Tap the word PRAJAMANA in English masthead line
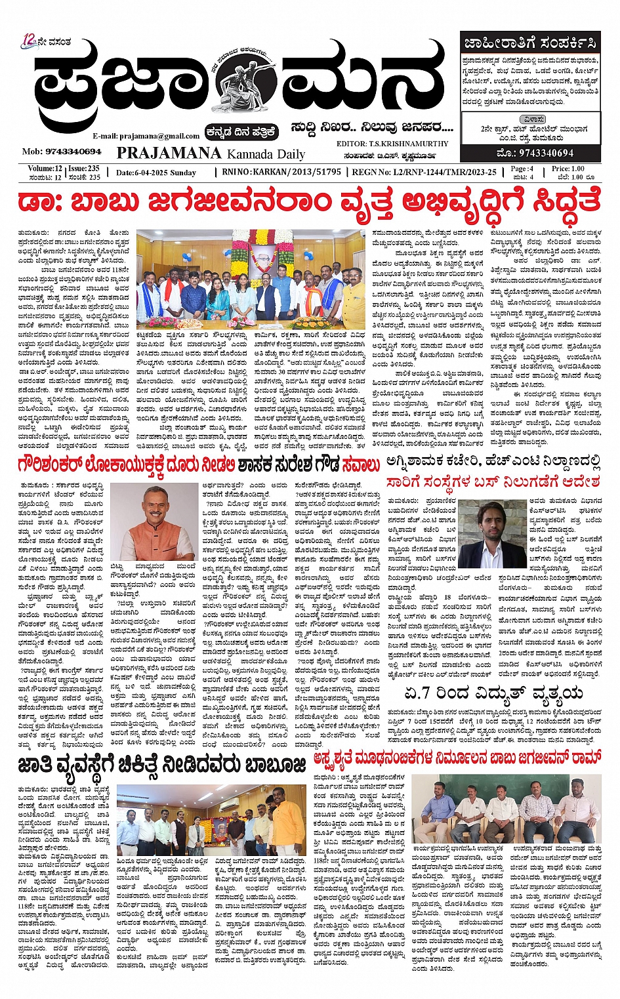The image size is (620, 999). click(169, 153)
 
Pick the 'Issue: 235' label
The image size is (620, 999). click(84, 169)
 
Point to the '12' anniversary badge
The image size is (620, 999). click(28, 40)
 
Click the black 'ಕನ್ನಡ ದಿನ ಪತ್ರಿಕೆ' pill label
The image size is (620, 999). click(241, 132)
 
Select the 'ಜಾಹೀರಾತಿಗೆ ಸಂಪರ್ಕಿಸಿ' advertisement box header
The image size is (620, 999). click(530, 44)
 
